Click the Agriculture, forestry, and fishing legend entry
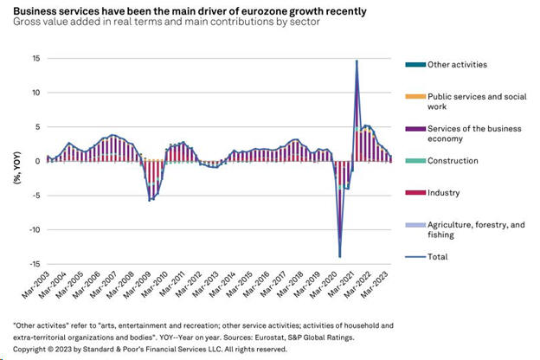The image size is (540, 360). pos(460,230)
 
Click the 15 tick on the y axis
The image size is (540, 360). pos(37,59)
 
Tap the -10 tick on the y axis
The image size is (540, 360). pos(35,230)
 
